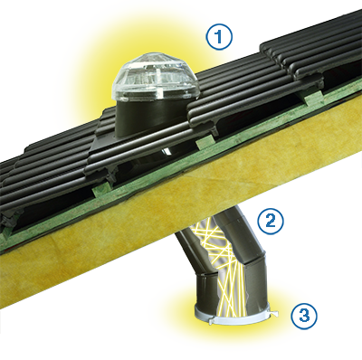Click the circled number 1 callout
point(219,36)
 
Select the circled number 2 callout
point(270,221)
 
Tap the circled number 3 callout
point(304,317)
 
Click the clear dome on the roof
point(155,80)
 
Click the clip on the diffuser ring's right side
point(274,314)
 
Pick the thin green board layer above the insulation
point(181,169)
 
